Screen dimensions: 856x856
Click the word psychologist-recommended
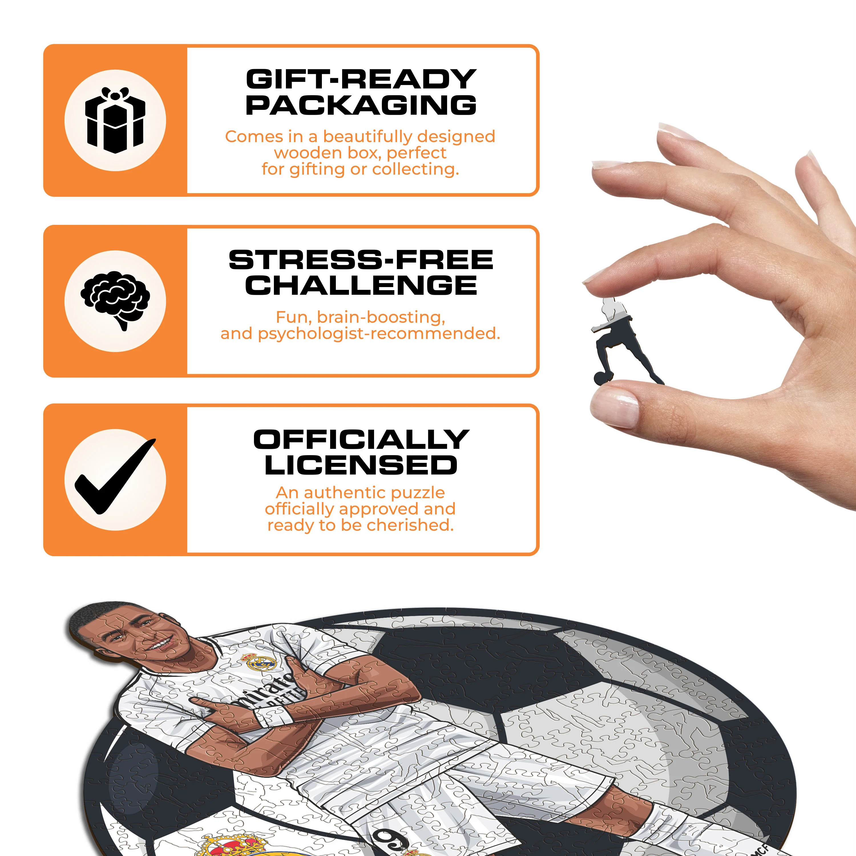click(379, 334)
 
